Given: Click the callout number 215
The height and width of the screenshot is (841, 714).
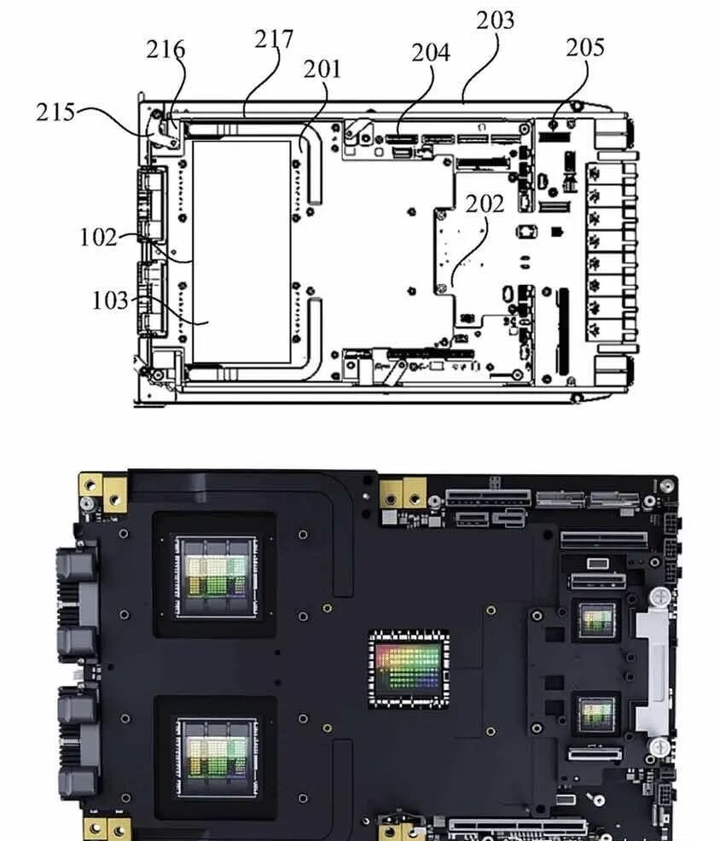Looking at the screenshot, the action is pos(55,113).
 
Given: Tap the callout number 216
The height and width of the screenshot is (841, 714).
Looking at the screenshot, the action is pos(165,49).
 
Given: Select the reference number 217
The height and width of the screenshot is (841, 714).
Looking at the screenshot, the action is pos(274,39).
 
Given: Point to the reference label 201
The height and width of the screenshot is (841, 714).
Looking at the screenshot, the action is pos(322,69).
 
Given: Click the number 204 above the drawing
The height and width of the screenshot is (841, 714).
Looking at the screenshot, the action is pos(431,53).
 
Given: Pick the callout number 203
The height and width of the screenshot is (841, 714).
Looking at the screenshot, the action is pos(495,20).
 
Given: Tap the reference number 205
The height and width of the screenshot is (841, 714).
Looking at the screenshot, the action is pos(585,48).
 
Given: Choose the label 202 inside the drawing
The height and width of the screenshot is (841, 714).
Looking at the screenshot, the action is pos(485,205).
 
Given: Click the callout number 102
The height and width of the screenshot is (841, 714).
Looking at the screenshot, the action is pos(98,237).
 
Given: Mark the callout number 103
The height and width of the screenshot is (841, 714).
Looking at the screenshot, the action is pos(111,300).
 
